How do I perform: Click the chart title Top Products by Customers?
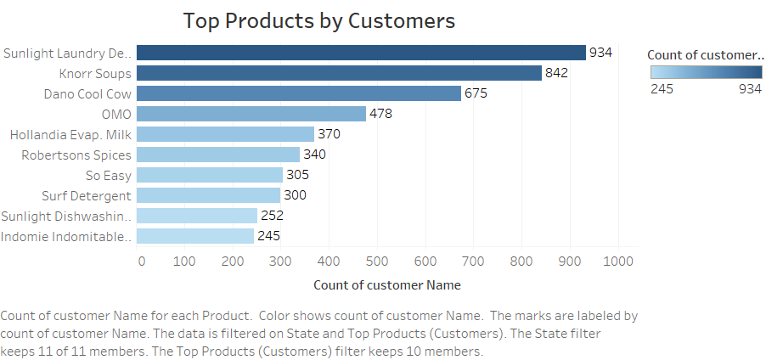[318, 20]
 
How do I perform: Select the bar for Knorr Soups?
[339, 73]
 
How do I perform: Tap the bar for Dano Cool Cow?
[299, 93]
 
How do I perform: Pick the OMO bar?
[251, 114]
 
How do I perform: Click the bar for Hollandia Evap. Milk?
[225, 134]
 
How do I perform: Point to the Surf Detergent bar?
[208, 195]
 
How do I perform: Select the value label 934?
[600, 53]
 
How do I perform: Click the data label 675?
[476, 93]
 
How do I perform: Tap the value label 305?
[297, 175]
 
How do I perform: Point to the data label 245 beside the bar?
[268, 236]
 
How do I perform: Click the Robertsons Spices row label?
[76, 155]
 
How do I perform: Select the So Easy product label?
[109, 175]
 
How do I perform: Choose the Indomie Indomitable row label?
[68, 236]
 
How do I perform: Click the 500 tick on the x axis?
[376, 261]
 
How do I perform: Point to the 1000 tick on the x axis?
[617, 261]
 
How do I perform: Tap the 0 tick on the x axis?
[142, 261]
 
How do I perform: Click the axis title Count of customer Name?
[387, 285]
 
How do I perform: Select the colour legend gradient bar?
[705, 72]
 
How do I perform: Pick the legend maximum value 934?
[751, 88]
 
